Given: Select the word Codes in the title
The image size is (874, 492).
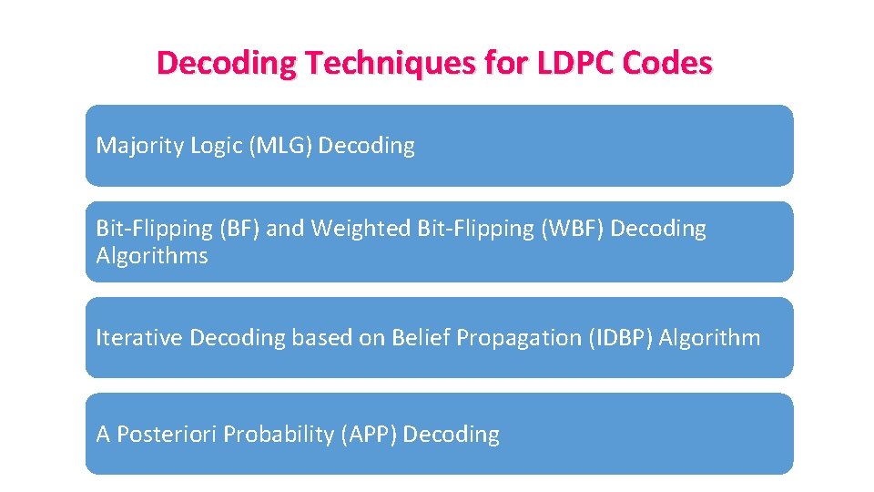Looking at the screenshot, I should pyautogui.click(x=667, y=63).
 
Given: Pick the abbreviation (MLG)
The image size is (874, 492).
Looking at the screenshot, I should pyautogui.click(x=280, y=146).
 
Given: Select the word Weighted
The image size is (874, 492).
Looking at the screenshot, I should pyautogui.click(x=361, y=228).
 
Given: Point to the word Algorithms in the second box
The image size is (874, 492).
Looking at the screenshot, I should pyautogui.click(x=152, y=256).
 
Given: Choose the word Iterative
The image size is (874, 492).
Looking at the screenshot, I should pyautogui.click(x=139, y=338).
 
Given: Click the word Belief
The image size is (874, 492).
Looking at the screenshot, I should pyautogui.click(x=420, y=338).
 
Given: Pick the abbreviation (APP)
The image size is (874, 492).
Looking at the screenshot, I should pyautogui.click(x=368, y=435).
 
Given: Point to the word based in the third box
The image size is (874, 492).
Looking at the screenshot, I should pyautogui.click(x=318, y=338).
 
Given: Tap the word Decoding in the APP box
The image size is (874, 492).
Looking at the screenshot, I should pyautogui.click(x=451, y=435).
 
